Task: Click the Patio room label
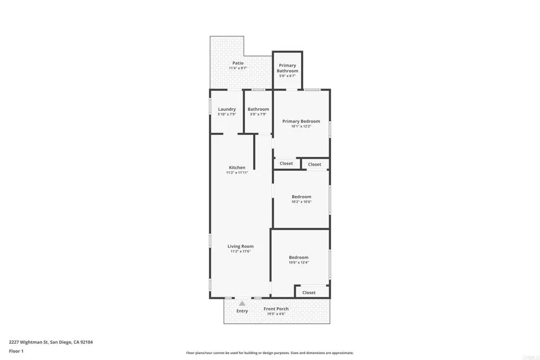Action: pos(238,63)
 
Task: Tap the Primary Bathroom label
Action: pos(287,68)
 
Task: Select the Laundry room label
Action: pos(227,109)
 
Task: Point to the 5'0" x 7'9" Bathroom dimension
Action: pos(258,114)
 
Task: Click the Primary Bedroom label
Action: pos(301,121)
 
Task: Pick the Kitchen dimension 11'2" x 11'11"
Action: pos(237,173)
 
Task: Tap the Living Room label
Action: pos(240,246)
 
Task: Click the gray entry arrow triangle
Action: pos(242,303)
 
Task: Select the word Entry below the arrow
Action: pos(242,311)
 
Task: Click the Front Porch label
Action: pos(276,309)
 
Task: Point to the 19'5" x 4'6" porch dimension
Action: pos(276,314)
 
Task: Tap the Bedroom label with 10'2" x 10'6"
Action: pos(301,197)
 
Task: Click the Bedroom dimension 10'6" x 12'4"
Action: pos(298,262)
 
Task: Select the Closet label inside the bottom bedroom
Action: pos(309,293)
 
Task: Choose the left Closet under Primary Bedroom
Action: pos(286,163)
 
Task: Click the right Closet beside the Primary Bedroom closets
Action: pos(315,164)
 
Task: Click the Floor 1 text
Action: pos(16,351)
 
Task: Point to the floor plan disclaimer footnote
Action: pos(269,353)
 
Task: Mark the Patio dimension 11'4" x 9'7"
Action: pos(238,68)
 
